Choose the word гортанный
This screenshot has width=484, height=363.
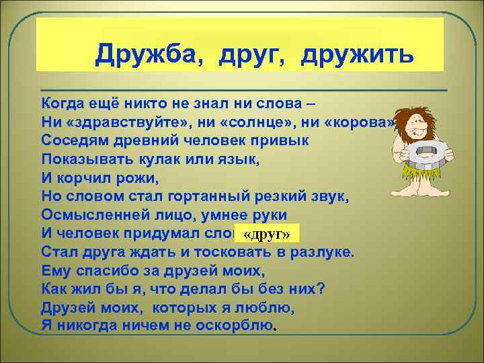(x=208, y=196)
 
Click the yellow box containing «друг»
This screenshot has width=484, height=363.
(x=266, y=233)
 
